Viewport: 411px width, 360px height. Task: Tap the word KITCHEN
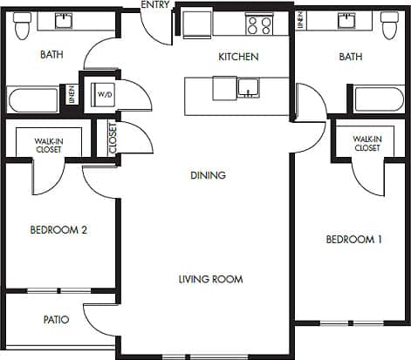coord(238,58)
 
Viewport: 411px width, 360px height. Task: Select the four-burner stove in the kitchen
coord(257,24)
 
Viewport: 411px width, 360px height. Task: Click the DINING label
coord(208,175)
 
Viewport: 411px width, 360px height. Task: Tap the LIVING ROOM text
coord(210,279)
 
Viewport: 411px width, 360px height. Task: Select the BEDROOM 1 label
coord(353,240)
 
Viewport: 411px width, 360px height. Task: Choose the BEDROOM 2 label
coord(58,230)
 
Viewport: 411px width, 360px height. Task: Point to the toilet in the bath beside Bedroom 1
coord(389,27)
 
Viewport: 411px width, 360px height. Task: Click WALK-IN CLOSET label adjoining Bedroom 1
coord(366,144)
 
